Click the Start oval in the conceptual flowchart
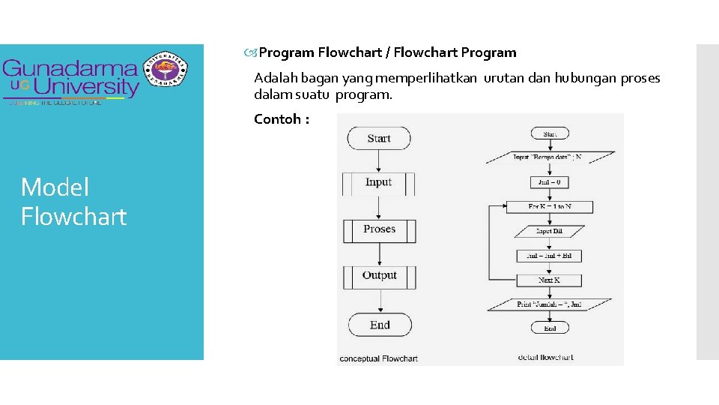(x=379, y=138)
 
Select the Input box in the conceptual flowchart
(x=378, y=183)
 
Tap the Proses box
(x=379, y=230)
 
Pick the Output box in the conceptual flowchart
(x=379, y=276)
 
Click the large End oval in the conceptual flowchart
(x=380, y=325)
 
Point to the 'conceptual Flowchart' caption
(x=378, y=358)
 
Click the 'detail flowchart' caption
(x=545, y=357)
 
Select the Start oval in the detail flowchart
(x=550, y=133)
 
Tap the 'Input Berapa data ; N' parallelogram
(x=550, y=157)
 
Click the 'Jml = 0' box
(x=550, y=181)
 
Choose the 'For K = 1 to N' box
(x=550, y=206)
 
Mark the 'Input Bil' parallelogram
(x=550, y=231)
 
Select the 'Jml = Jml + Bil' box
(x=550, y=256)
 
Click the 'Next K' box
(x=550, y=280)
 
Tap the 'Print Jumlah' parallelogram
(x=550, y=304)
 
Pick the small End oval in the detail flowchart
(x=550, y=328)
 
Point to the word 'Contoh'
(x=277, y=119)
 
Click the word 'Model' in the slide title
(x=55, y=187)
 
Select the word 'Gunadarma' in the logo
(x=70, y=70)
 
